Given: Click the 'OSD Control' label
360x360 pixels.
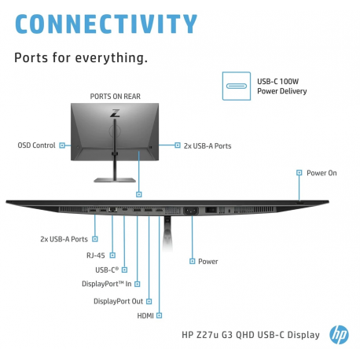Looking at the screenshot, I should pos(36,145).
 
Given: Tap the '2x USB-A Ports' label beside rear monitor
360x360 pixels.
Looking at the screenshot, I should pos(208,145).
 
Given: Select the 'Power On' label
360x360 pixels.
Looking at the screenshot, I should pos(321,172).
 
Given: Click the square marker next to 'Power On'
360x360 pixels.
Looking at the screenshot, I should pos(299,172).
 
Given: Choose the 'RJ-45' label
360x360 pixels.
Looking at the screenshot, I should pos(96,255).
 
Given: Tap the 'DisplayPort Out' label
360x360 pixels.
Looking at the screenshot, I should pos(118,300).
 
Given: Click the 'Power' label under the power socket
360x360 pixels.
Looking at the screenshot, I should pos(208,261).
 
